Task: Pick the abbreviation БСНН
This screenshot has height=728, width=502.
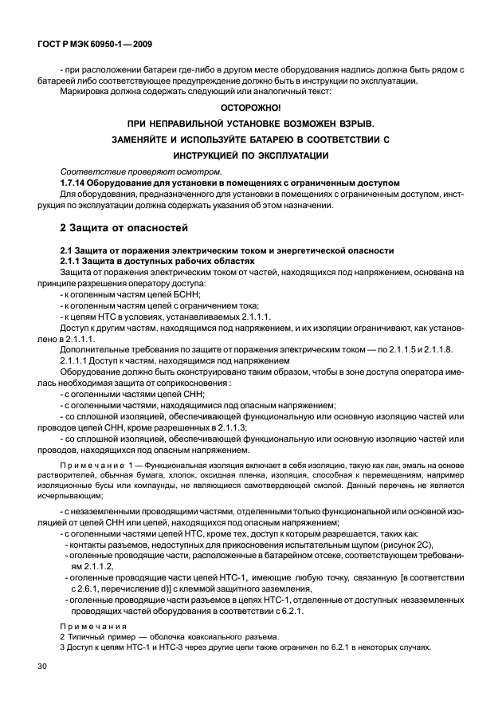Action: click(x=185, y=294)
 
